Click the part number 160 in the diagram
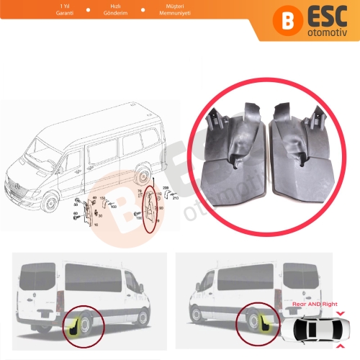click(x=103, y=199)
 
